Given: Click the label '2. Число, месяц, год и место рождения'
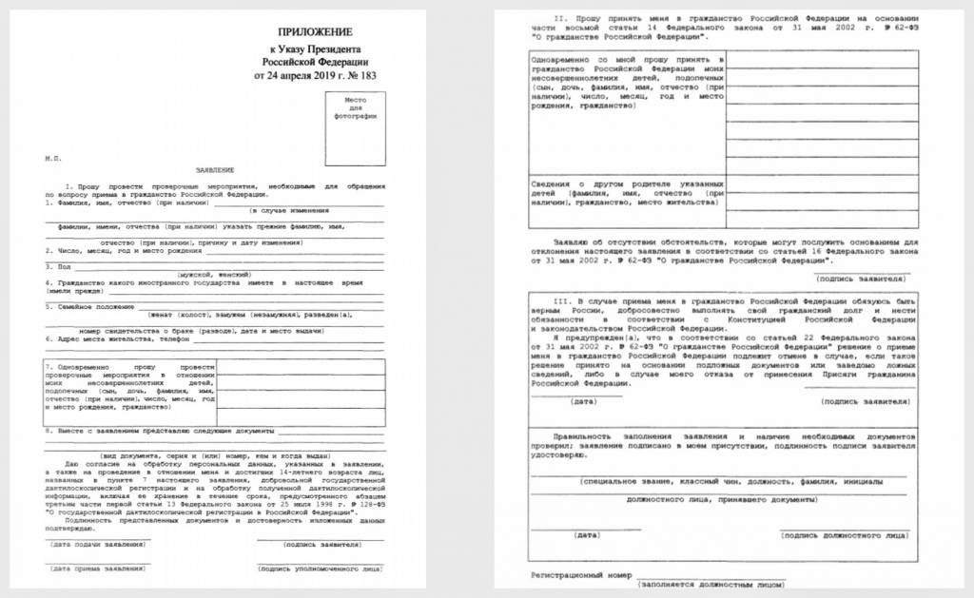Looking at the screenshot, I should point(124,251).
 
